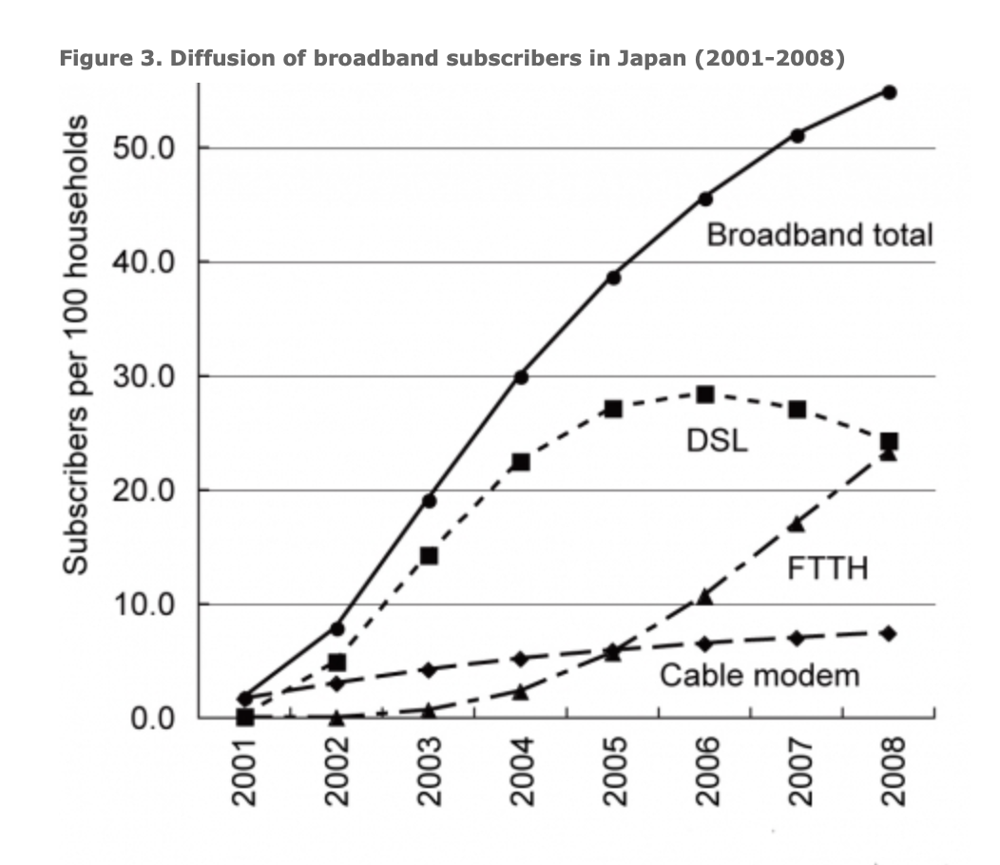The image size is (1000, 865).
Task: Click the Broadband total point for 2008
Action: click(889, 92)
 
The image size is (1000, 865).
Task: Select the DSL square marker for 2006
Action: click(704, 394)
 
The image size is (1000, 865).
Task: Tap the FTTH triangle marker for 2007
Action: click(797, 523)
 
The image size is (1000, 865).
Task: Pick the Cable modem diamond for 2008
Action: click(889, 633)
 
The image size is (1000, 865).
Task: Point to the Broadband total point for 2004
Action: click(521, 377)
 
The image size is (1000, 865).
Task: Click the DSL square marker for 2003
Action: click(429, 555)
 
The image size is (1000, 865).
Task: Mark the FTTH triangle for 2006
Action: click(704, 596)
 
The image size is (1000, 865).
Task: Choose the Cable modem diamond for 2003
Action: click(429, 669)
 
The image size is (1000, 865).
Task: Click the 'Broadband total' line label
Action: click(819, 235)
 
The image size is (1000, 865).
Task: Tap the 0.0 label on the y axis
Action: click(152, 718)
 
